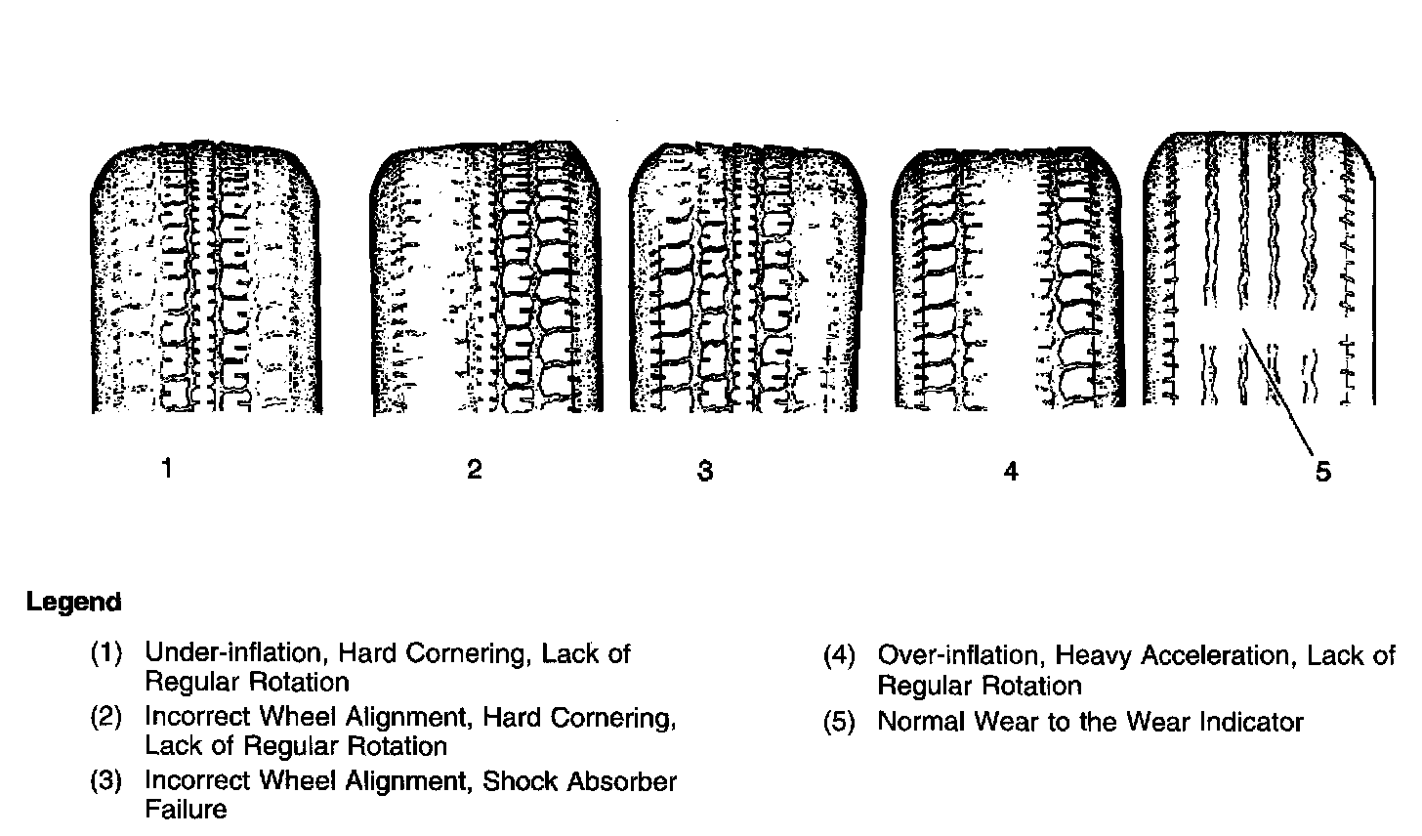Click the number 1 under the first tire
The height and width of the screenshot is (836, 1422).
click(x=167, y=469)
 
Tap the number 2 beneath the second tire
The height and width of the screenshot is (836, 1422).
click(x=475, y=470)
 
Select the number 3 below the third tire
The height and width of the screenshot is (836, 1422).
click(x=705, y=472)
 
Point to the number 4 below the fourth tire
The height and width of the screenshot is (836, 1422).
click(x=1010, y=472)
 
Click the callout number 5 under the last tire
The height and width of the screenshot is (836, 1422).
click(x=1322, y=473)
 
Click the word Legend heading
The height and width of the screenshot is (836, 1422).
click(x=74, y=603)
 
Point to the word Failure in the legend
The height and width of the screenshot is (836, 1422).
click(x=186, y=810)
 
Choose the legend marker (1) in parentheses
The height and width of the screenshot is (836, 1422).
click(x=106, y=653)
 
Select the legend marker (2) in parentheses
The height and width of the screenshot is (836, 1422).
click(x=106, y=717)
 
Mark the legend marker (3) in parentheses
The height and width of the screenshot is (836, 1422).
click(x=106, y=781)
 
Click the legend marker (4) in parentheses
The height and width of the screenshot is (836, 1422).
click(x=839, y=655)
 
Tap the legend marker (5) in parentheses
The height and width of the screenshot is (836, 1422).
click(x=839, y=722)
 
